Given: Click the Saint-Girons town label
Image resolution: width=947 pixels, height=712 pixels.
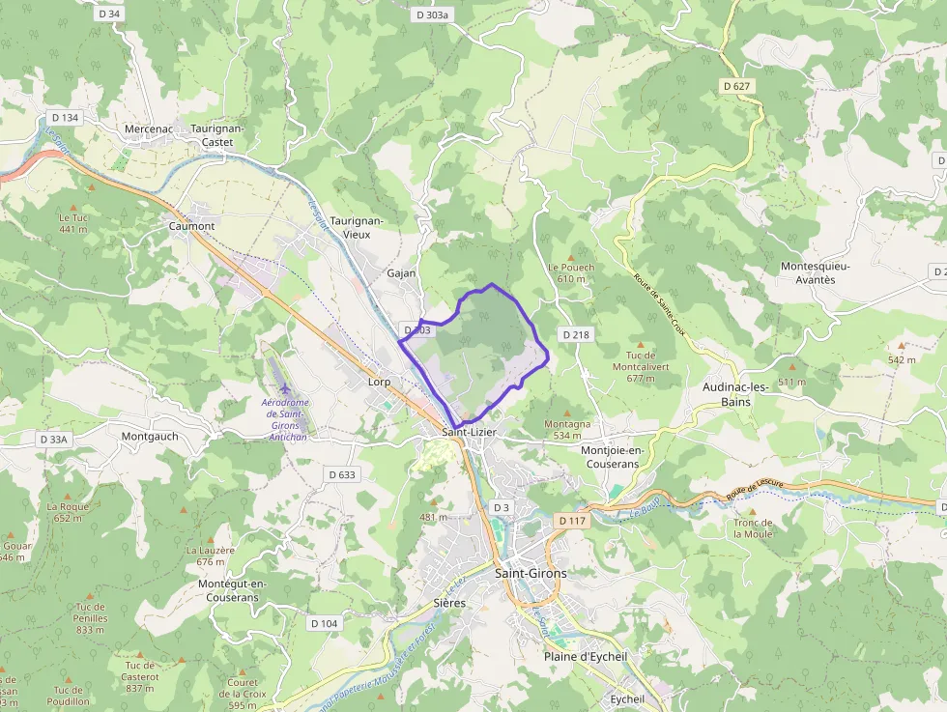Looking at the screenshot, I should tap(531, 573).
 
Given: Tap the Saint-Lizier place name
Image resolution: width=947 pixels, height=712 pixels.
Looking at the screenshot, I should tap(469, 432).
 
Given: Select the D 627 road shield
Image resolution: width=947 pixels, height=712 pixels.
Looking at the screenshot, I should tap(736, 86).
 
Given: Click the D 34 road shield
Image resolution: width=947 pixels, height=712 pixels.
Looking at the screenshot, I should tap(109, 14).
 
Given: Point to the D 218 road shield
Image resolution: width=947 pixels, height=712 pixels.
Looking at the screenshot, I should tap(574, 334).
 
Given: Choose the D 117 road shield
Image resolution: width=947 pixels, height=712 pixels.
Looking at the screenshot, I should tap(572, 521).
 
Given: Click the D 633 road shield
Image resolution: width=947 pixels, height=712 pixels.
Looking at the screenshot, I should tap(342, 474).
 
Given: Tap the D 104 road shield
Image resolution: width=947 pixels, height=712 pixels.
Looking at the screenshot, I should tap(325, 623).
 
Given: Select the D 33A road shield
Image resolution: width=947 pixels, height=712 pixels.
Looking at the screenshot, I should tap(54, 439).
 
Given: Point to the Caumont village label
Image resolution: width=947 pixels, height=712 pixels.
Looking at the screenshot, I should tap(191, 226).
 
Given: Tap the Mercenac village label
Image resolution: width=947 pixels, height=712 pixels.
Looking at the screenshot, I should tap(148, 128).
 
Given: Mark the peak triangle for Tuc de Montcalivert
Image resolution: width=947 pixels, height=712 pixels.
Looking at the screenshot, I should tap(634, 342).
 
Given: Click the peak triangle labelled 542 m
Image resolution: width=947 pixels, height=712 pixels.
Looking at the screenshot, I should tap(902, 345).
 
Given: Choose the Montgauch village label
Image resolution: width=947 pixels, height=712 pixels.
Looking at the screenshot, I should tap(150, 436).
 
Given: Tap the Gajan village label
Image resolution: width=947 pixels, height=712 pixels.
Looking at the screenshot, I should tap(401, 272).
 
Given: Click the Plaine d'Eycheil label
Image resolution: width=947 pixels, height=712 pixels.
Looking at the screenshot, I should tap(586, 656).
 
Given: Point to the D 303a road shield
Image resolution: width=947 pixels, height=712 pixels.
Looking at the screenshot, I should tap(432, 14).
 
